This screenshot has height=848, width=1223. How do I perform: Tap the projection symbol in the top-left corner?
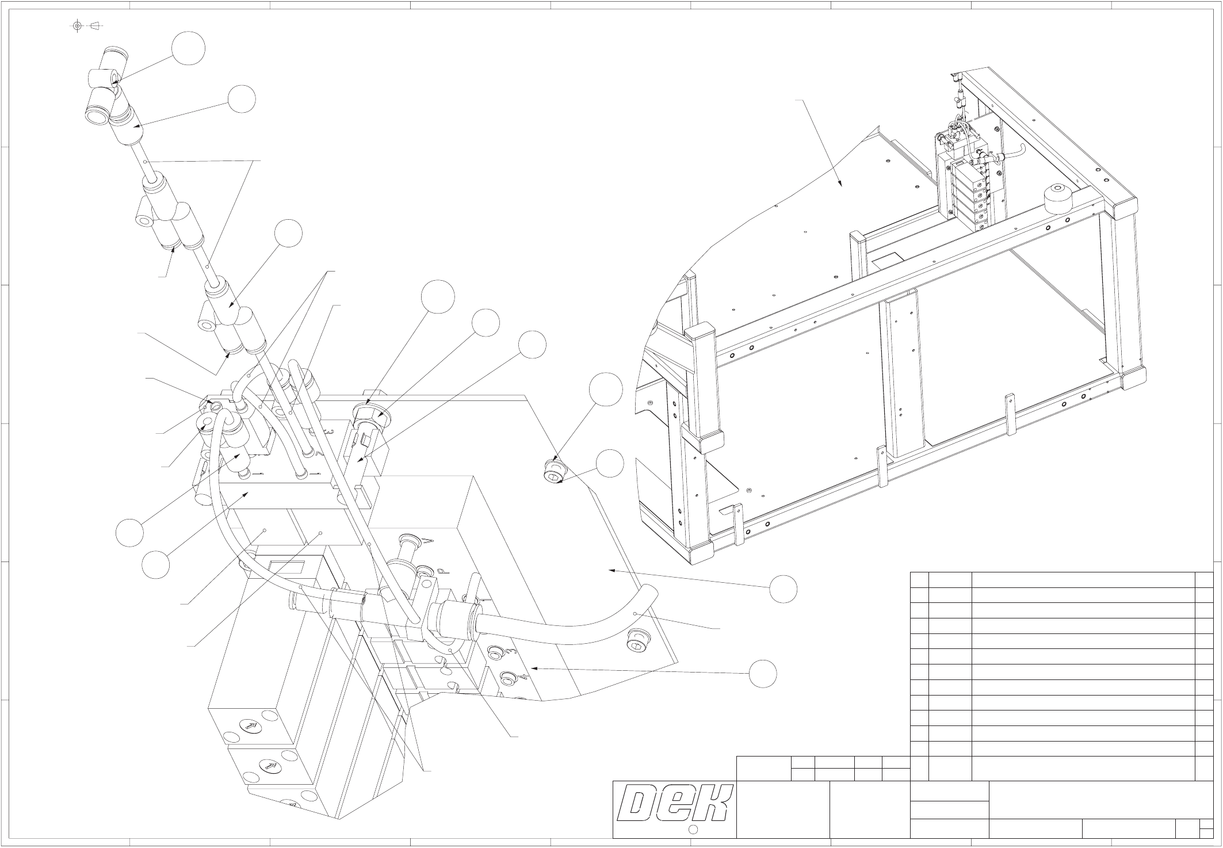pos(86,25)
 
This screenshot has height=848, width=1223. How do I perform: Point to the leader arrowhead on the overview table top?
pos(841,185)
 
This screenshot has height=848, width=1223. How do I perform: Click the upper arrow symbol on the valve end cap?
pos(251,725)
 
